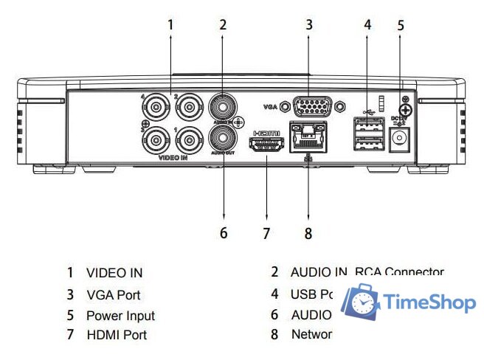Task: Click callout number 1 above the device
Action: pos(170,24)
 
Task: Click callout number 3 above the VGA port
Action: pos(309,24)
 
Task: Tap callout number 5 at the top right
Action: pos(401,25)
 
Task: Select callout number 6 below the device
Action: pos(224,234)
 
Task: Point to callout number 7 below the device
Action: pos(267,234)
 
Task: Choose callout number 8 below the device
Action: pos(308,234)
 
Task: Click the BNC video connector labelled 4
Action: pos(157,108)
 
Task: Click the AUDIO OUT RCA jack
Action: pos(222,136)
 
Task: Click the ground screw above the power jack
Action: pos(404,109)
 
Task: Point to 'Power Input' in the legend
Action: pos(120,315)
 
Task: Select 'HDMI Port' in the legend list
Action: pos(117,335)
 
